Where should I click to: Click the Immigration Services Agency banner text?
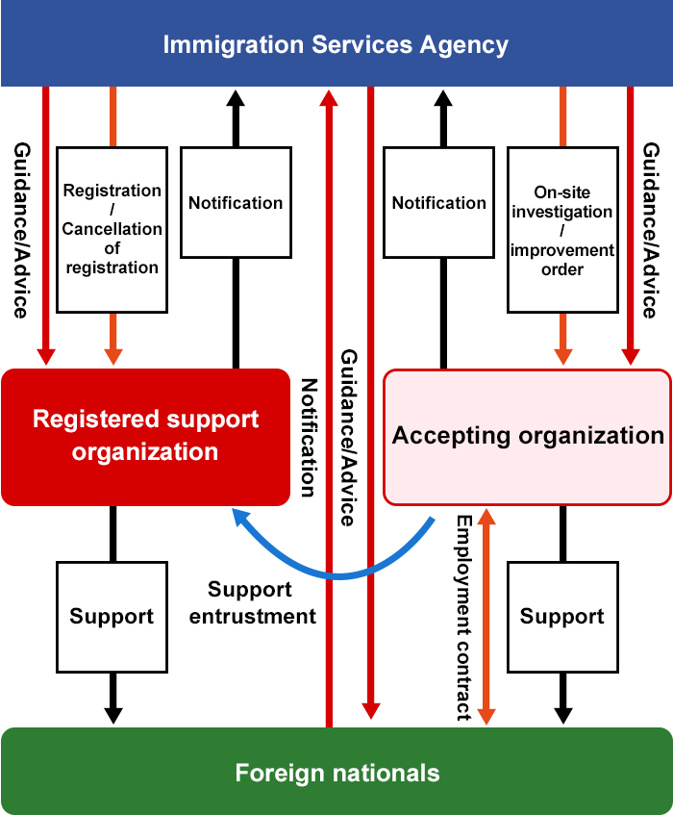coord(336,44)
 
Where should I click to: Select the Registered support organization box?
coord(145,437)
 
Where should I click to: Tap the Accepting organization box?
coord(528,436)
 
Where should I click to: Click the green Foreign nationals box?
coord(336,772)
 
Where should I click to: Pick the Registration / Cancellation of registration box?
coord(112,229)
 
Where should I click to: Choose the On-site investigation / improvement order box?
coord(562,230)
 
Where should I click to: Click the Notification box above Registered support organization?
coord(236,202)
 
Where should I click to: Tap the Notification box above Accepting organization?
coord(439,202)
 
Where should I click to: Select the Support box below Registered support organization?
coord(112,617)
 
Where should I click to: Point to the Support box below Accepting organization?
coord(562,617)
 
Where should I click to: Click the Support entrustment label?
coord(252,603)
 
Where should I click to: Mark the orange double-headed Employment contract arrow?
coord(486,616)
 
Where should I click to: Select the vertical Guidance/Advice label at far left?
coord(20,230)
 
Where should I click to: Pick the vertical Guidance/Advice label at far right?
coord(651,230)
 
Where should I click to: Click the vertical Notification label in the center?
coord(308,438)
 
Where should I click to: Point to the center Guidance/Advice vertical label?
coord(348,438)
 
